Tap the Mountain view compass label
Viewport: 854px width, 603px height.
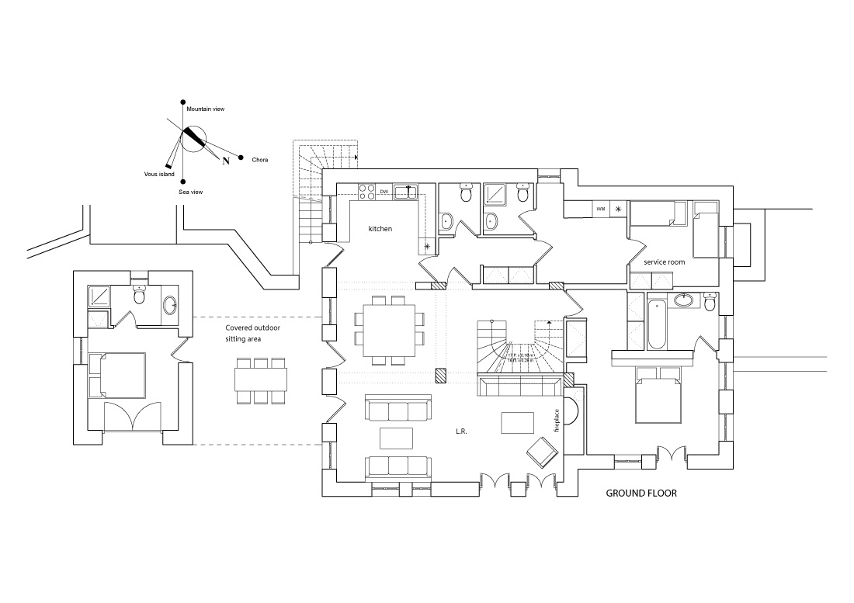click(x=206, y=110)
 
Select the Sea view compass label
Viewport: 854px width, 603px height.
click(x=191, y=190)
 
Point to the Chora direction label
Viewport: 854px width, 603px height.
click(x=260, y=160)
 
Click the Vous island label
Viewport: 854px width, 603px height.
click(x=159, y=174)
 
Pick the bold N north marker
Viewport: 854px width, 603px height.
click(x=226, y=161)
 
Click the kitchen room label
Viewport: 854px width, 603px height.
click(x=380, y=229)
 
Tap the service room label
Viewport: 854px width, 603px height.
click(x=664, y=262)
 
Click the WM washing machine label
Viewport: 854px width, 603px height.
click(x=601, y=209)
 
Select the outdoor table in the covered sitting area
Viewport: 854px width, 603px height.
click(x=261, y=380)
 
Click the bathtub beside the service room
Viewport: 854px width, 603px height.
click(x=655, y=321)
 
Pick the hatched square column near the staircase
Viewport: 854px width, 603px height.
click(x=442, y=375)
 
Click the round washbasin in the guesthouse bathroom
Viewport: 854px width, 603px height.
click(x=171, y=305)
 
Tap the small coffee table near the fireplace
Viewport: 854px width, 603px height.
click(x=518, y=422)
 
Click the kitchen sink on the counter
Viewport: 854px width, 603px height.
click(x=405, y=192)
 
